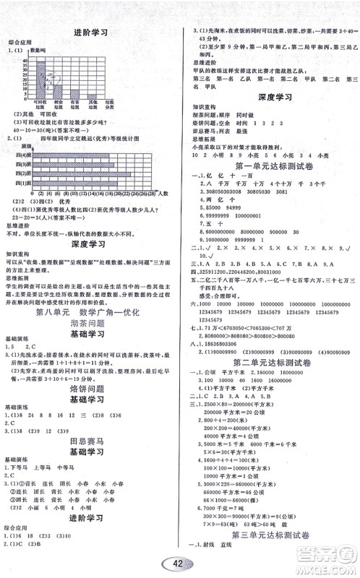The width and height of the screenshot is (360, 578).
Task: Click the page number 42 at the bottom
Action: pos(179,564)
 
